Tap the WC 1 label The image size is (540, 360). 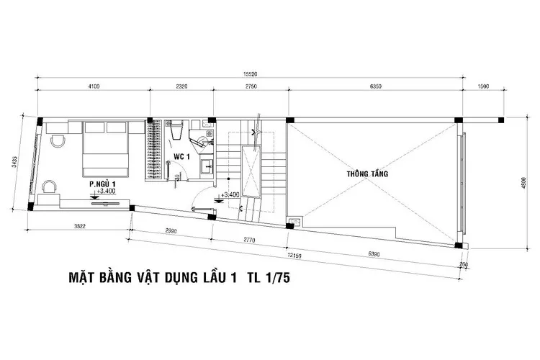pyautogui.click(x=181, y=156)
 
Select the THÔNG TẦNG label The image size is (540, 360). pyautogui.click(x=366, y=174)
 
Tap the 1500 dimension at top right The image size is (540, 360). pyautogui.click(x=483, y=87)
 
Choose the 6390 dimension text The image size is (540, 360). pyautogui.click(x=376, y=253)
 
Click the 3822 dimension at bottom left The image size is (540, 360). pyautogui.click(x=81, y=227)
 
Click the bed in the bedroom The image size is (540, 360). pyautogui.click(x=107, y=148)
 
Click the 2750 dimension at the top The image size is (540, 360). pyautogui.click(x=251, y=87)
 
